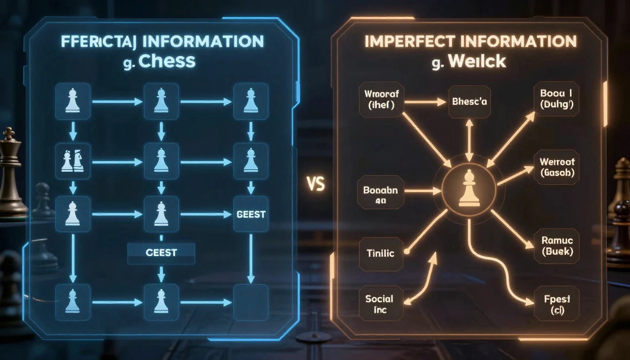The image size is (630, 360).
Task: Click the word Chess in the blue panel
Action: [167, 61]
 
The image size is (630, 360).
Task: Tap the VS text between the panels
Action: [316, 184]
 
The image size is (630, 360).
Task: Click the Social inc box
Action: [379, 304]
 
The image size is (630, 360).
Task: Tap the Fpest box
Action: [556, 304]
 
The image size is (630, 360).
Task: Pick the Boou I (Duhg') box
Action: [556, 100]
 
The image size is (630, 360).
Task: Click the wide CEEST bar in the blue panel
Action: [161, 253]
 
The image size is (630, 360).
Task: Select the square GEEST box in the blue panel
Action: [251, 215]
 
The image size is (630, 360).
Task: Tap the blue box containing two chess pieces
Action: [72, 161]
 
